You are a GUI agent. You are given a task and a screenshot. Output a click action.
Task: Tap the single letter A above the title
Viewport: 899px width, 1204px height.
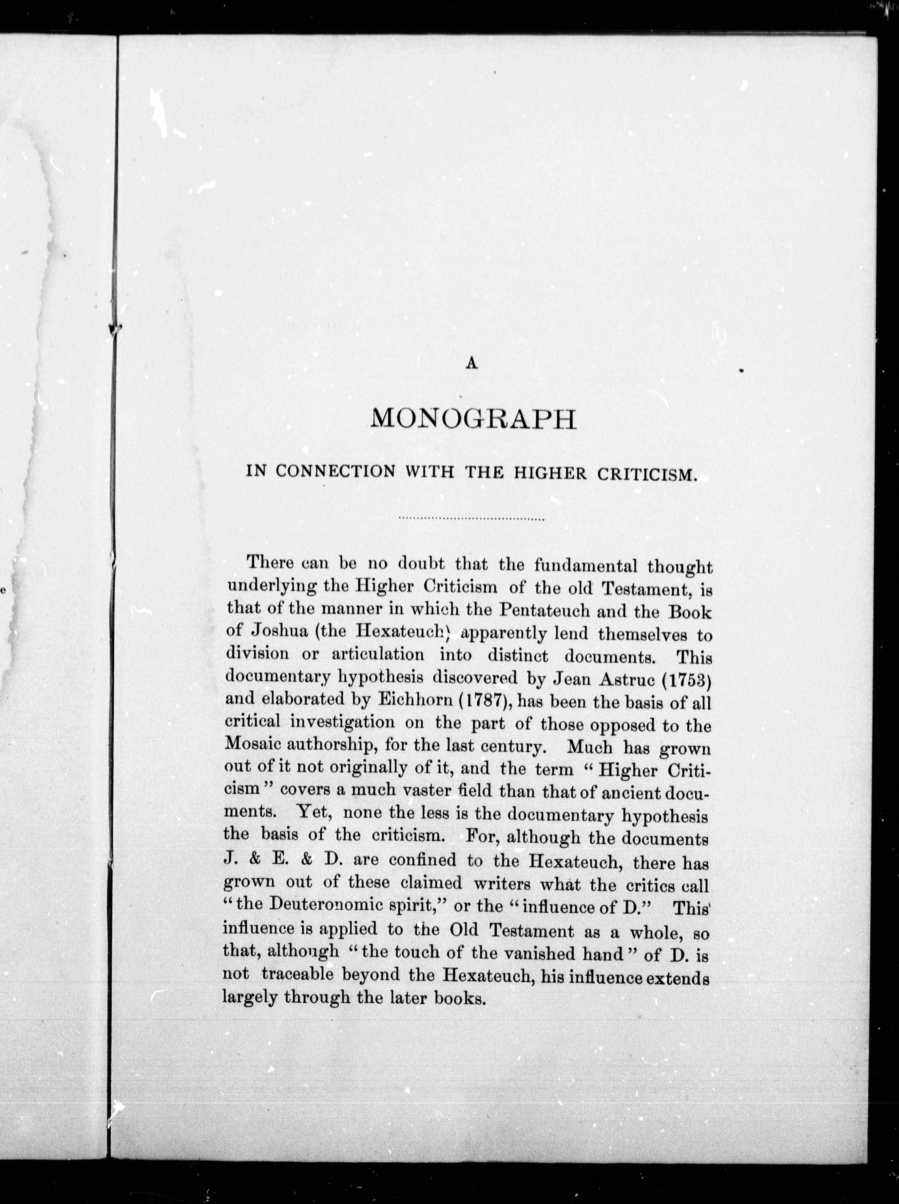click(x=472, y=365)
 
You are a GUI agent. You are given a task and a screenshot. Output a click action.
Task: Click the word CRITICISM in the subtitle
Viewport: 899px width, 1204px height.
click(x=647, y=473)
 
